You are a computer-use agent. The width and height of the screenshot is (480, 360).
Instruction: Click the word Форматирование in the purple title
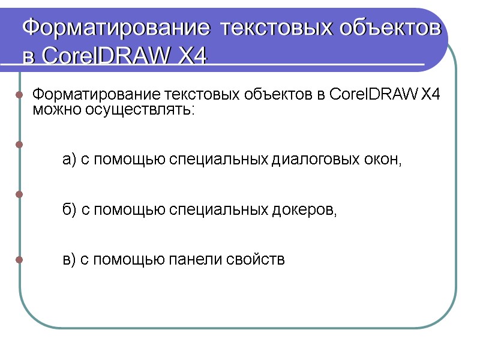[x=117, y=28]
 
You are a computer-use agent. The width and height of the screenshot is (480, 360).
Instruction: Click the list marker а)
[x=70, y=160]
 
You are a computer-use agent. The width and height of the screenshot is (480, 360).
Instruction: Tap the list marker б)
[x=70, y=210]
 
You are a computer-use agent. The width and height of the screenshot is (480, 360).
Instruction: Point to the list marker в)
[x=70, y=260]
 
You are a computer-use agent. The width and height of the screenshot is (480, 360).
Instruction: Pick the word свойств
[x=256, y=260]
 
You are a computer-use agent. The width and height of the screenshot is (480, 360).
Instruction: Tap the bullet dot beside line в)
[x=19, y=260]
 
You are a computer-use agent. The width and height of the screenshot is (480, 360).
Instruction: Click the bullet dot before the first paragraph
[x=19, y=95]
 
